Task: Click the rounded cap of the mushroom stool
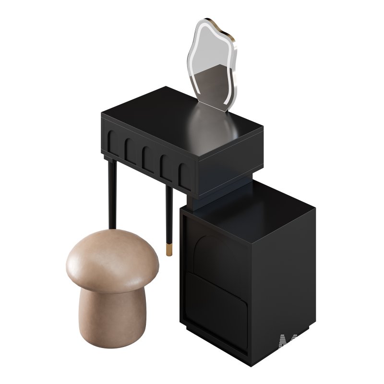[x=112, y=259]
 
